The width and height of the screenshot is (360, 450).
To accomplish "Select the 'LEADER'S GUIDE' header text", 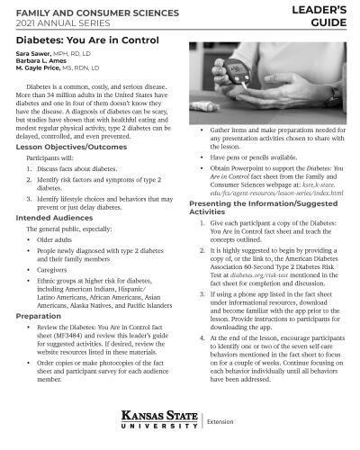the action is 322,15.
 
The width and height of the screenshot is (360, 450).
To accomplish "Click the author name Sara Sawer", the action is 31,54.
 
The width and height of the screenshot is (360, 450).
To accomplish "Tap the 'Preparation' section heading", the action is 38,316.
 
